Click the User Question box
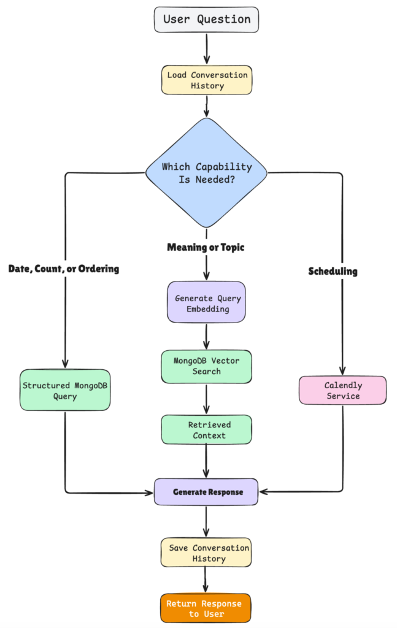tap(206, 19)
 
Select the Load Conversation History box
tap(207, 80)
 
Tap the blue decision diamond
tap(206, 172)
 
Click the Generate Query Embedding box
tap(206, 302)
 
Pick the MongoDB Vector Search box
tap(206, 367)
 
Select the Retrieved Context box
tap(206, 429)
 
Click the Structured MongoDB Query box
tap(65, 390)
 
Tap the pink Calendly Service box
tap(342, 390)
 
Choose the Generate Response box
tap(206, 492)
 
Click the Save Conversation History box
tap(206, 553)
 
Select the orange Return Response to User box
tap(206, 608)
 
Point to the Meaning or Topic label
tap(206, 247)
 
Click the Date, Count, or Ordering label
tap(64, 269)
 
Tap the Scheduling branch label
tap(333, 271)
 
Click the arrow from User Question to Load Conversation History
tap(207, 48)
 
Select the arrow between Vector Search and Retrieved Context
tap(206, 399)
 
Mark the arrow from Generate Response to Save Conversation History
tap(206, 521)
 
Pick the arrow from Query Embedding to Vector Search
tap(206, 336)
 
